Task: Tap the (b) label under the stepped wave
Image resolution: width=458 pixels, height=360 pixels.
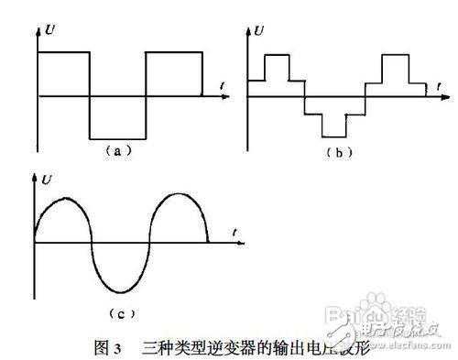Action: click(x=339, y=151)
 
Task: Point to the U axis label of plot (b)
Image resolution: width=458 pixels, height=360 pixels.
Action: click(x=260, y=32)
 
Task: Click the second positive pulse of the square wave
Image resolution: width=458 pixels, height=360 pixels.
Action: click(x=172, y=52)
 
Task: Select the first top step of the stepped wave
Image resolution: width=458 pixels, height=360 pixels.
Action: click(x=277, y=56)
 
